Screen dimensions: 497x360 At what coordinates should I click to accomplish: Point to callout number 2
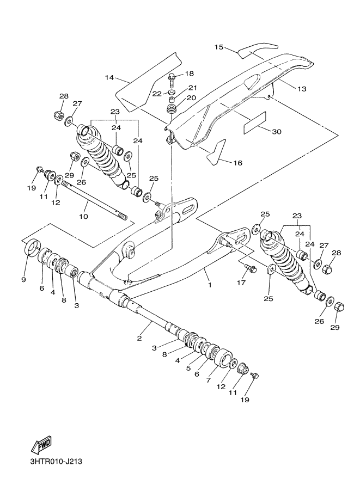(139, 338)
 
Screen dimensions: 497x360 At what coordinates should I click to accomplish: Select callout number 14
(109, 78)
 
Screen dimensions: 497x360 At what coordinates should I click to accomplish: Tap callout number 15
(218, 47)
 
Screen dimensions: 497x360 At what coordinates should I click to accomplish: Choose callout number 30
(276, 131)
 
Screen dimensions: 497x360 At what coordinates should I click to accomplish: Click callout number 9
(23, 280)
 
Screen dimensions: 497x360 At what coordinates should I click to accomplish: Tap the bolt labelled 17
(251, 268)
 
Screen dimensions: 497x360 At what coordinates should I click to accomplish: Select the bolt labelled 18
(172, 80)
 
